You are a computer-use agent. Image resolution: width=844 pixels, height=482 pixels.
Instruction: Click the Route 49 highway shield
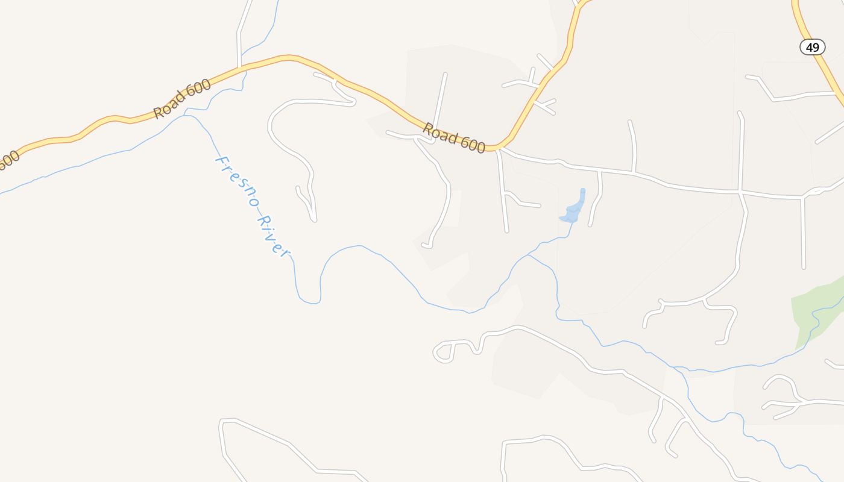point(812,47)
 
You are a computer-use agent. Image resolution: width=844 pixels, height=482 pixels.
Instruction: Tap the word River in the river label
point(273,236)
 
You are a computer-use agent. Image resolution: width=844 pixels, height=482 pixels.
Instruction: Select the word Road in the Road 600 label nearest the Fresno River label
point(166,106)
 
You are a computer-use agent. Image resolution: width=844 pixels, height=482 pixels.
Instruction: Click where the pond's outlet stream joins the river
point(528,255)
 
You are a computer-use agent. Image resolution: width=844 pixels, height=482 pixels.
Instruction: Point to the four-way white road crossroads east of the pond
point(740,193)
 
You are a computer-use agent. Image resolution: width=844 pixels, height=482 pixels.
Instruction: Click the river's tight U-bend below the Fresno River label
point(309,301)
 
